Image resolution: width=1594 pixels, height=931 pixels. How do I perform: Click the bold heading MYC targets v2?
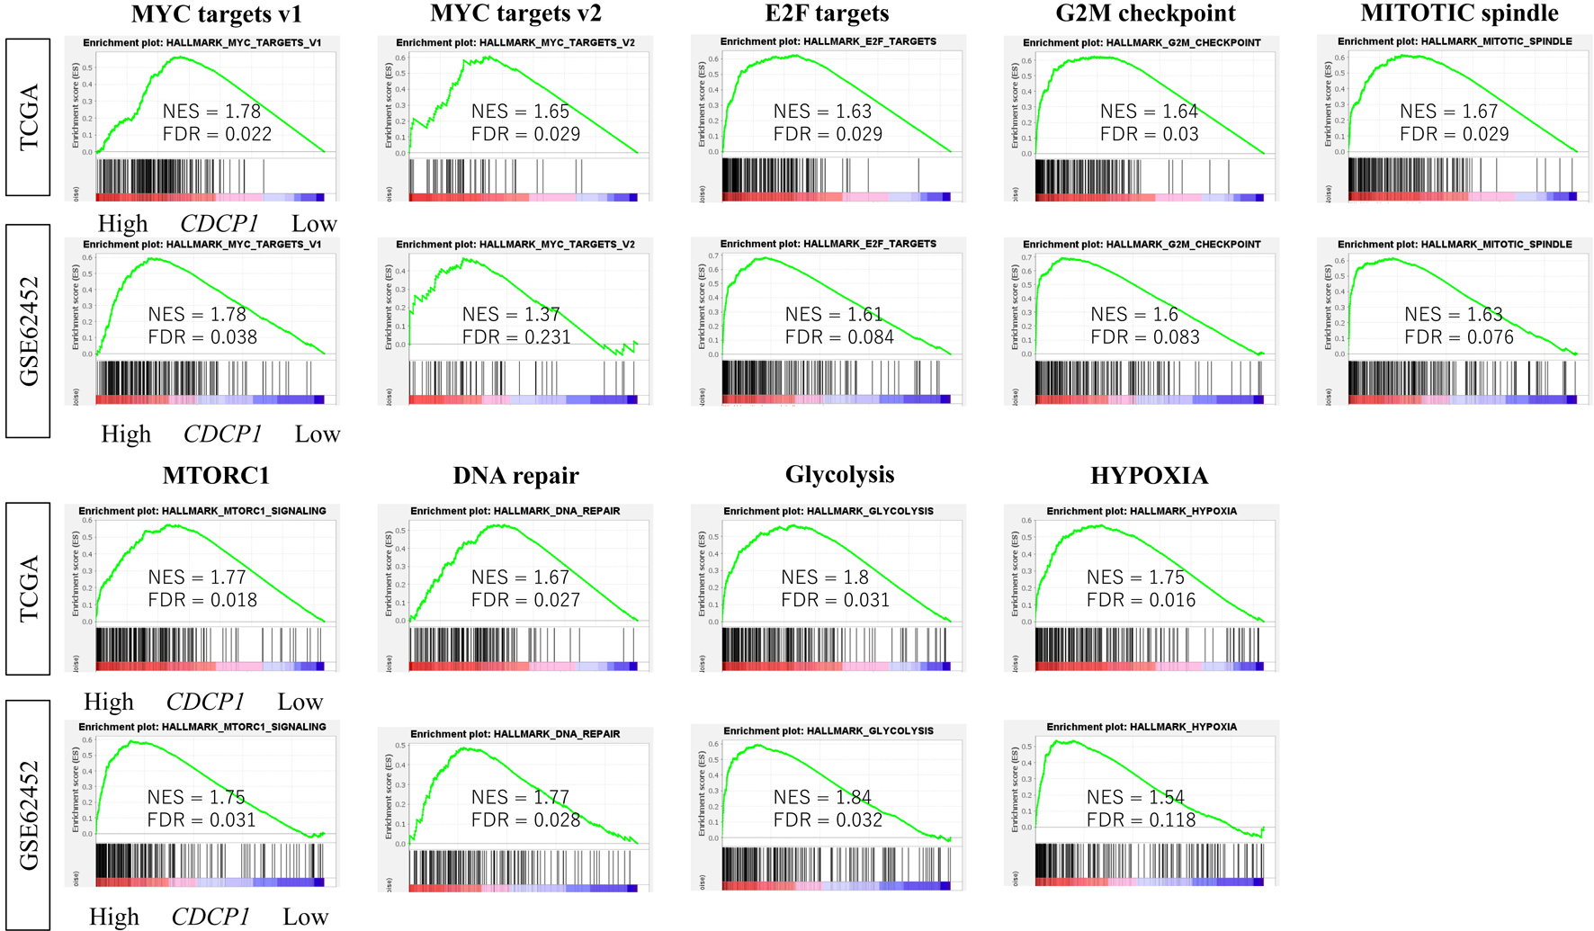(515, 13)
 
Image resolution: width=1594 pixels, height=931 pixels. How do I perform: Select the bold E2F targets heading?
(827, 13)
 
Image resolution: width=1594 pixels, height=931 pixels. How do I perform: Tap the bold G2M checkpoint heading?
(1145, 13)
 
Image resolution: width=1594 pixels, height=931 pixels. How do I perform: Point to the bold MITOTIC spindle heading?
(1459, 13)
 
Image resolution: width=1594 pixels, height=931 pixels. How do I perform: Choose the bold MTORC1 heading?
(216, 475)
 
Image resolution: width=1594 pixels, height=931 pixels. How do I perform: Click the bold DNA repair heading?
(515, 475)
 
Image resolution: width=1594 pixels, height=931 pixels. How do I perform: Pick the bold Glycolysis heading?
(839, 474)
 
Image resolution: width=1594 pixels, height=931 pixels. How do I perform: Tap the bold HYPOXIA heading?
(1149, 475)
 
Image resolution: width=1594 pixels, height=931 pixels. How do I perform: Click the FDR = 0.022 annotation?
(217, 134)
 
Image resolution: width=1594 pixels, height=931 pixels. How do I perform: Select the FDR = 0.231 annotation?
(516, 337)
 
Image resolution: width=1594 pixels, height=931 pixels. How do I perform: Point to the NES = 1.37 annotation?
(511, 314)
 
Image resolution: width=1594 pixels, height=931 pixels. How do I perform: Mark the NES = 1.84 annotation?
(822, 797)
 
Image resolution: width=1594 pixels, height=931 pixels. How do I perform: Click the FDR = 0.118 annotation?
(1141, 819)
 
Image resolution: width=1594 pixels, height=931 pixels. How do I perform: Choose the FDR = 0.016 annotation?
(1141, 600)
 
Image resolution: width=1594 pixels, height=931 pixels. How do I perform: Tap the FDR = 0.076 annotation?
(1459, 337)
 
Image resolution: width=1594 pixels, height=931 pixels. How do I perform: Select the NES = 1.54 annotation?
(1135, 797)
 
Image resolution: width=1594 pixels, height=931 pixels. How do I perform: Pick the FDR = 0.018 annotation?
(202, 600)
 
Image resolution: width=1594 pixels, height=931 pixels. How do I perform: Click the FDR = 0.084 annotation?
(839, 337)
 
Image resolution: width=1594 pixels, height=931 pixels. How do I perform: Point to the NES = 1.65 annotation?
(520, 112)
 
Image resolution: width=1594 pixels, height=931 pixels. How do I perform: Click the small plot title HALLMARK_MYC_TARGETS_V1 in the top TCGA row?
(201, 43)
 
